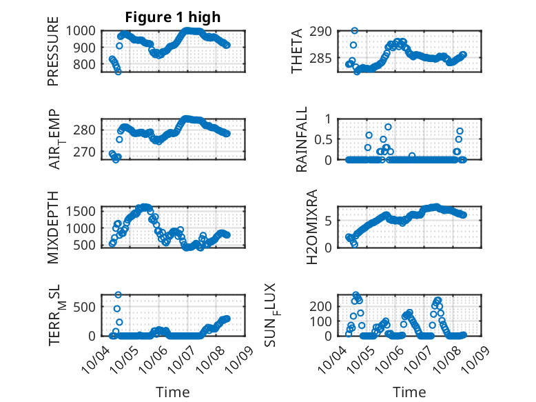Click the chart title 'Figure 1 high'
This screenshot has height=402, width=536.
pos(173,17)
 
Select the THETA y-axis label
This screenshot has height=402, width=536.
pos(297,52)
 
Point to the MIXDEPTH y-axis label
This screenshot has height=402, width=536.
pos(53,226)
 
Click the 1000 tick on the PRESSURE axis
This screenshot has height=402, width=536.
pos(85,31)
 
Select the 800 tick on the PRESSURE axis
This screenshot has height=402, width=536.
pos(88,65)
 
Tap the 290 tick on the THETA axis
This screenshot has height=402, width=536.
pos(324,31)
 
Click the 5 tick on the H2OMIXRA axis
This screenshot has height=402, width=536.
pos(330,221)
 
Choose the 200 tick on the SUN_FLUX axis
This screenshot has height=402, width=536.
pos(324,306)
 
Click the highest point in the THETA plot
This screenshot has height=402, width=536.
pos(354,30)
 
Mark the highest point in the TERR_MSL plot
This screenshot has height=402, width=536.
pos(118,295)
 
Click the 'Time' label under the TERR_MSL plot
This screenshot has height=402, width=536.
pos(173,392)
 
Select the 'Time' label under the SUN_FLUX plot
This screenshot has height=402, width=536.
pos(409,392)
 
